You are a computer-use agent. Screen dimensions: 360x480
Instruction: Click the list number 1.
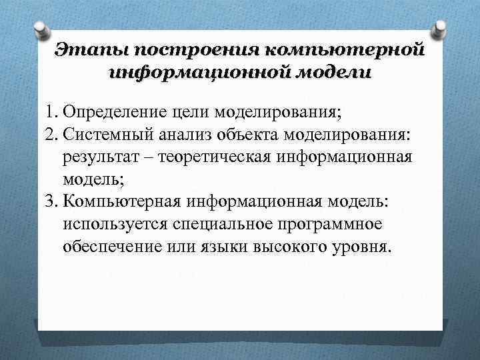pyautogui.click(x=53, y=110)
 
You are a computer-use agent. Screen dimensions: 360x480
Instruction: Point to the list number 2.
pyautogui.click(x=53, y=135)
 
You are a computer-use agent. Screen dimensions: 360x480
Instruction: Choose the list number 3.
pyautogui.click(x=53, y=202)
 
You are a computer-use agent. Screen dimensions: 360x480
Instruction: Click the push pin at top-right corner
pyautogui.click(x=439, y=29)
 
